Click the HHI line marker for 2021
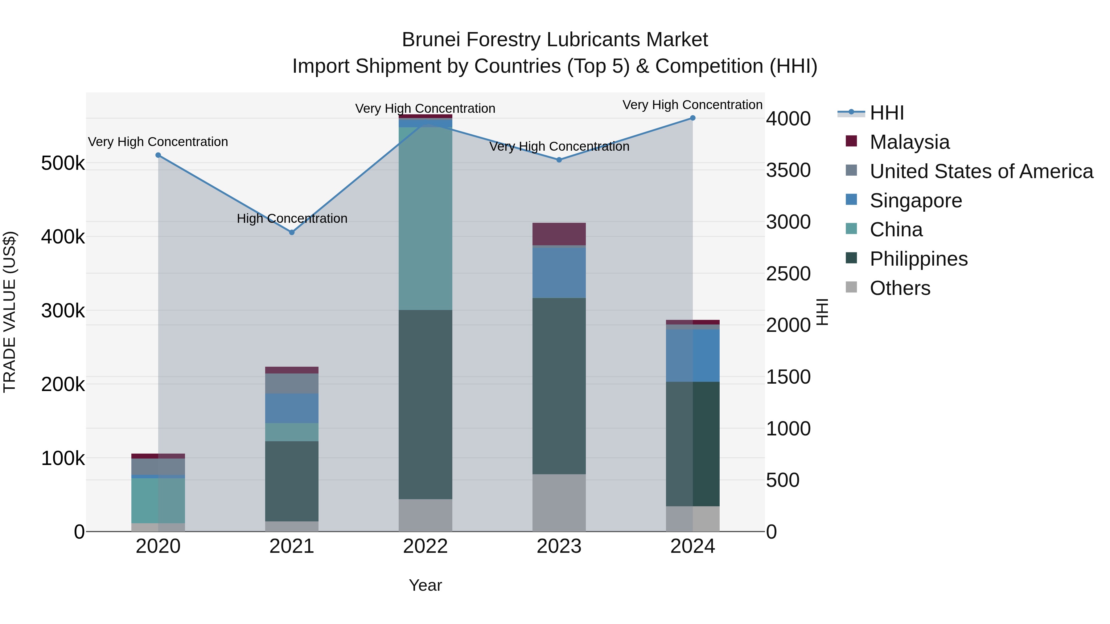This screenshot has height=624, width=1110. click(x=292, y=232)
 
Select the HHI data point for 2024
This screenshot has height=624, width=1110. click(x=693, y=118)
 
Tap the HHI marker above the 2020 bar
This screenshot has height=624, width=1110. click(x=158, y=155)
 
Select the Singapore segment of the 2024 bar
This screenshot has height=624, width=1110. click(x=693, y=355)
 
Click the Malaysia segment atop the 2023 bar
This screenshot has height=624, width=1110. click(x=559, y=234)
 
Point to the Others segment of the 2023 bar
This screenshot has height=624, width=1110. click(x=559, y=503)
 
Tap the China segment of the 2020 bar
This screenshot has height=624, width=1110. click(x=158, y=500)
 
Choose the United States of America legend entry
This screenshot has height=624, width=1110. click(x=981, y=171)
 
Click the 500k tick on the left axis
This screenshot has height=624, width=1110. click(x=63, y=163)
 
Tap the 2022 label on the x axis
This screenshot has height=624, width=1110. click(x=425, y=546)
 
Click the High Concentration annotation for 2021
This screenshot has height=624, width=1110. click(x=292, y=219)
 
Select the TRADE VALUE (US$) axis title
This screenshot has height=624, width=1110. click(x=10, y=312)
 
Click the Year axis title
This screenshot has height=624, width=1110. click(x=425, y=585)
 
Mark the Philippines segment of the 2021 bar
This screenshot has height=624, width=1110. click(x=292, y=481)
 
